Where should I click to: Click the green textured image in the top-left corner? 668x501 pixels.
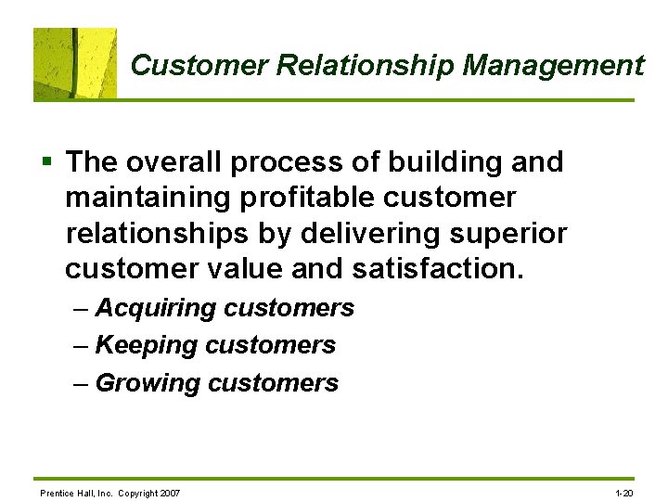(75, 63)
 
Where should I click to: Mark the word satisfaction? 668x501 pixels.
(438, 270)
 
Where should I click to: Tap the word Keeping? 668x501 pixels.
(147, 346)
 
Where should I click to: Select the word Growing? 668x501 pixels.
(148, 383)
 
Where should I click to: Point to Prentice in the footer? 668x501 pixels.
(55, 492)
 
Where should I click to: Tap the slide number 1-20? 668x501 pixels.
(624, 492)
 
